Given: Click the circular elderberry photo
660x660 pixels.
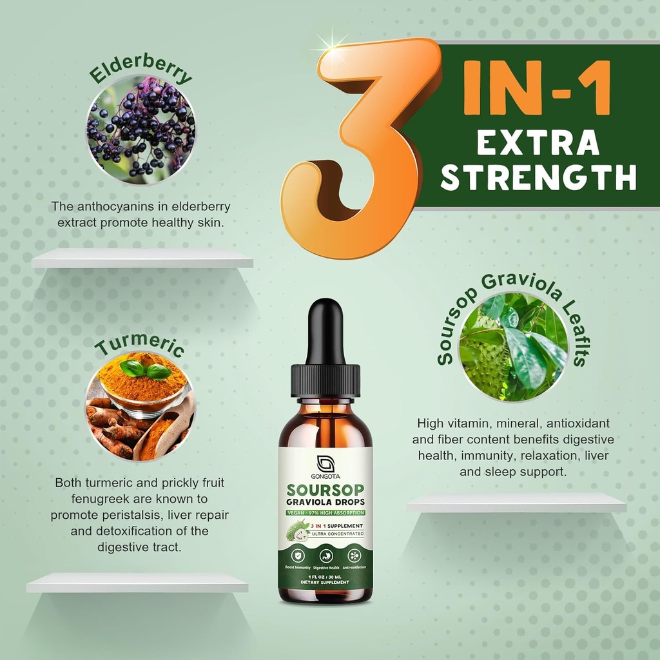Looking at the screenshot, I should (x=141, y=130).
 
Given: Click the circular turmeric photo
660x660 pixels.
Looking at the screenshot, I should (x=140, y=406).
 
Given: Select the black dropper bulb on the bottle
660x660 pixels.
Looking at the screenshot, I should (x=325, y=332).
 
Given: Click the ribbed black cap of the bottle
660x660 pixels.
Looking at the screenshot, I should (x=325, y=380).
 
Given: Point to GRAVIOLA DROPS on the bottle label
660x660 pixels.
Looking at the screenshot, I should (x=325, y=502).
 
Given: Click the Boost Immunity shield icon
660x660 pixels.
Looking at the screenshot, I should (x=296, y=556).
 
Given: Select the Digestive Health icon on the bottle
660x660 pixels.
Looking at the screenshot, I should (x=325, y=556).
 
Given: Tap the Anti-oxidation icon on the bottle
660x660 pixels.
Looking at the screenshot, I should (x=354, y=556).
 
